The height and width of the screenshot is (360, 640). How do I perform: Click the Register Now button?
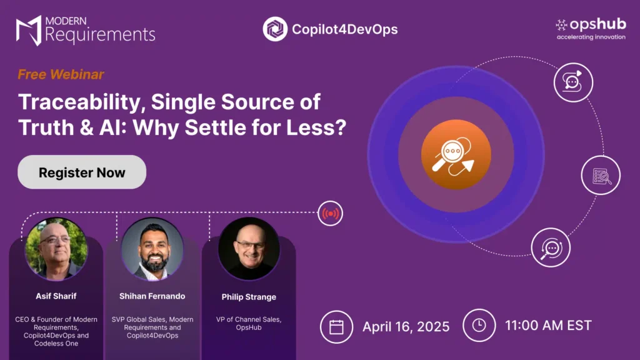tap(82, 172)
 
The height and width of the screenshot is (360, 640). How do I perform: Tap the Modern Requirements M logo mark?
tap(29, 30)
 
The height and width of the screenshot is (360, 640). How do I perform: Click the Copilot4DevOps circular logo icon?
tap(275, 29)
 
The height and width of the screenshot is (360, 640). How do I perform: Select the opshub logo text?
tap(597, 24)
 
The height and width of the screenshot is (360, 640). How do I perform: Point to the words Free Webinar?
tap(61, 74)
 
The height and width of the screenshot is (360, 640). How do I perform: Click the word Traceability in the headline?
tap(82, 102)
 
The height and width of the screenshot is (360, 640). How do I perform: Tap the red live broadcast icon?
tap(330, 214)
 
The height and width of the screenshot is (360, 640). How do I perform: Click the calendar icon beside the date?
tap(336, 327)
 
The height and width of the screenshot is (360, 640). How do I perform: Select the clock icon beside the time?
tap(479, 325)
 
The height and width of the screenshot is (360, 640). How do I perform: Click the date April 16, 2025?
tap(406, 326)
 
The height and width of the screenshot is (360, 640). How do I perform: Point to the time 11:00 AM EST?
tap(548, 325)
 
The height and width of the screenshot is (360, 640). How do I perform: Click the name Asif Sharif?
tap(56, 296)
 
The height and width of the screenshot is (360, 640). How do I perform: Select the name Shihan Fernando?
tap(152, 296)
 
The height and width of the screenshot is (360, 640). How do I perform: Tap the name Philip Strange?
tap(249, 297)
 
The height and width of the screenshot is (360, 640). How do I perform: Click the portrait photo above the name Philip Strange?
tap(249, 249)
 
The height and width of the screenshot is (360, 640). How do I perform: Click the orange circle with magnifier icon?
tap(456, 155)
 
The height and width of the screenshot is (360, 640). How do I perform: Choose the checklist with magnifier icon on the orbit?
tap(601, 176)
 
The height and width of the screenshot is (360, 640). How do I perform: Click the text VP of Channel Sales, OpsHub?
tap(249, 323)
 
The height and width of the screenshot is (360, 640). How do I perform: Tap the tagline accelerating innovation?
tap(591, 37)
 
